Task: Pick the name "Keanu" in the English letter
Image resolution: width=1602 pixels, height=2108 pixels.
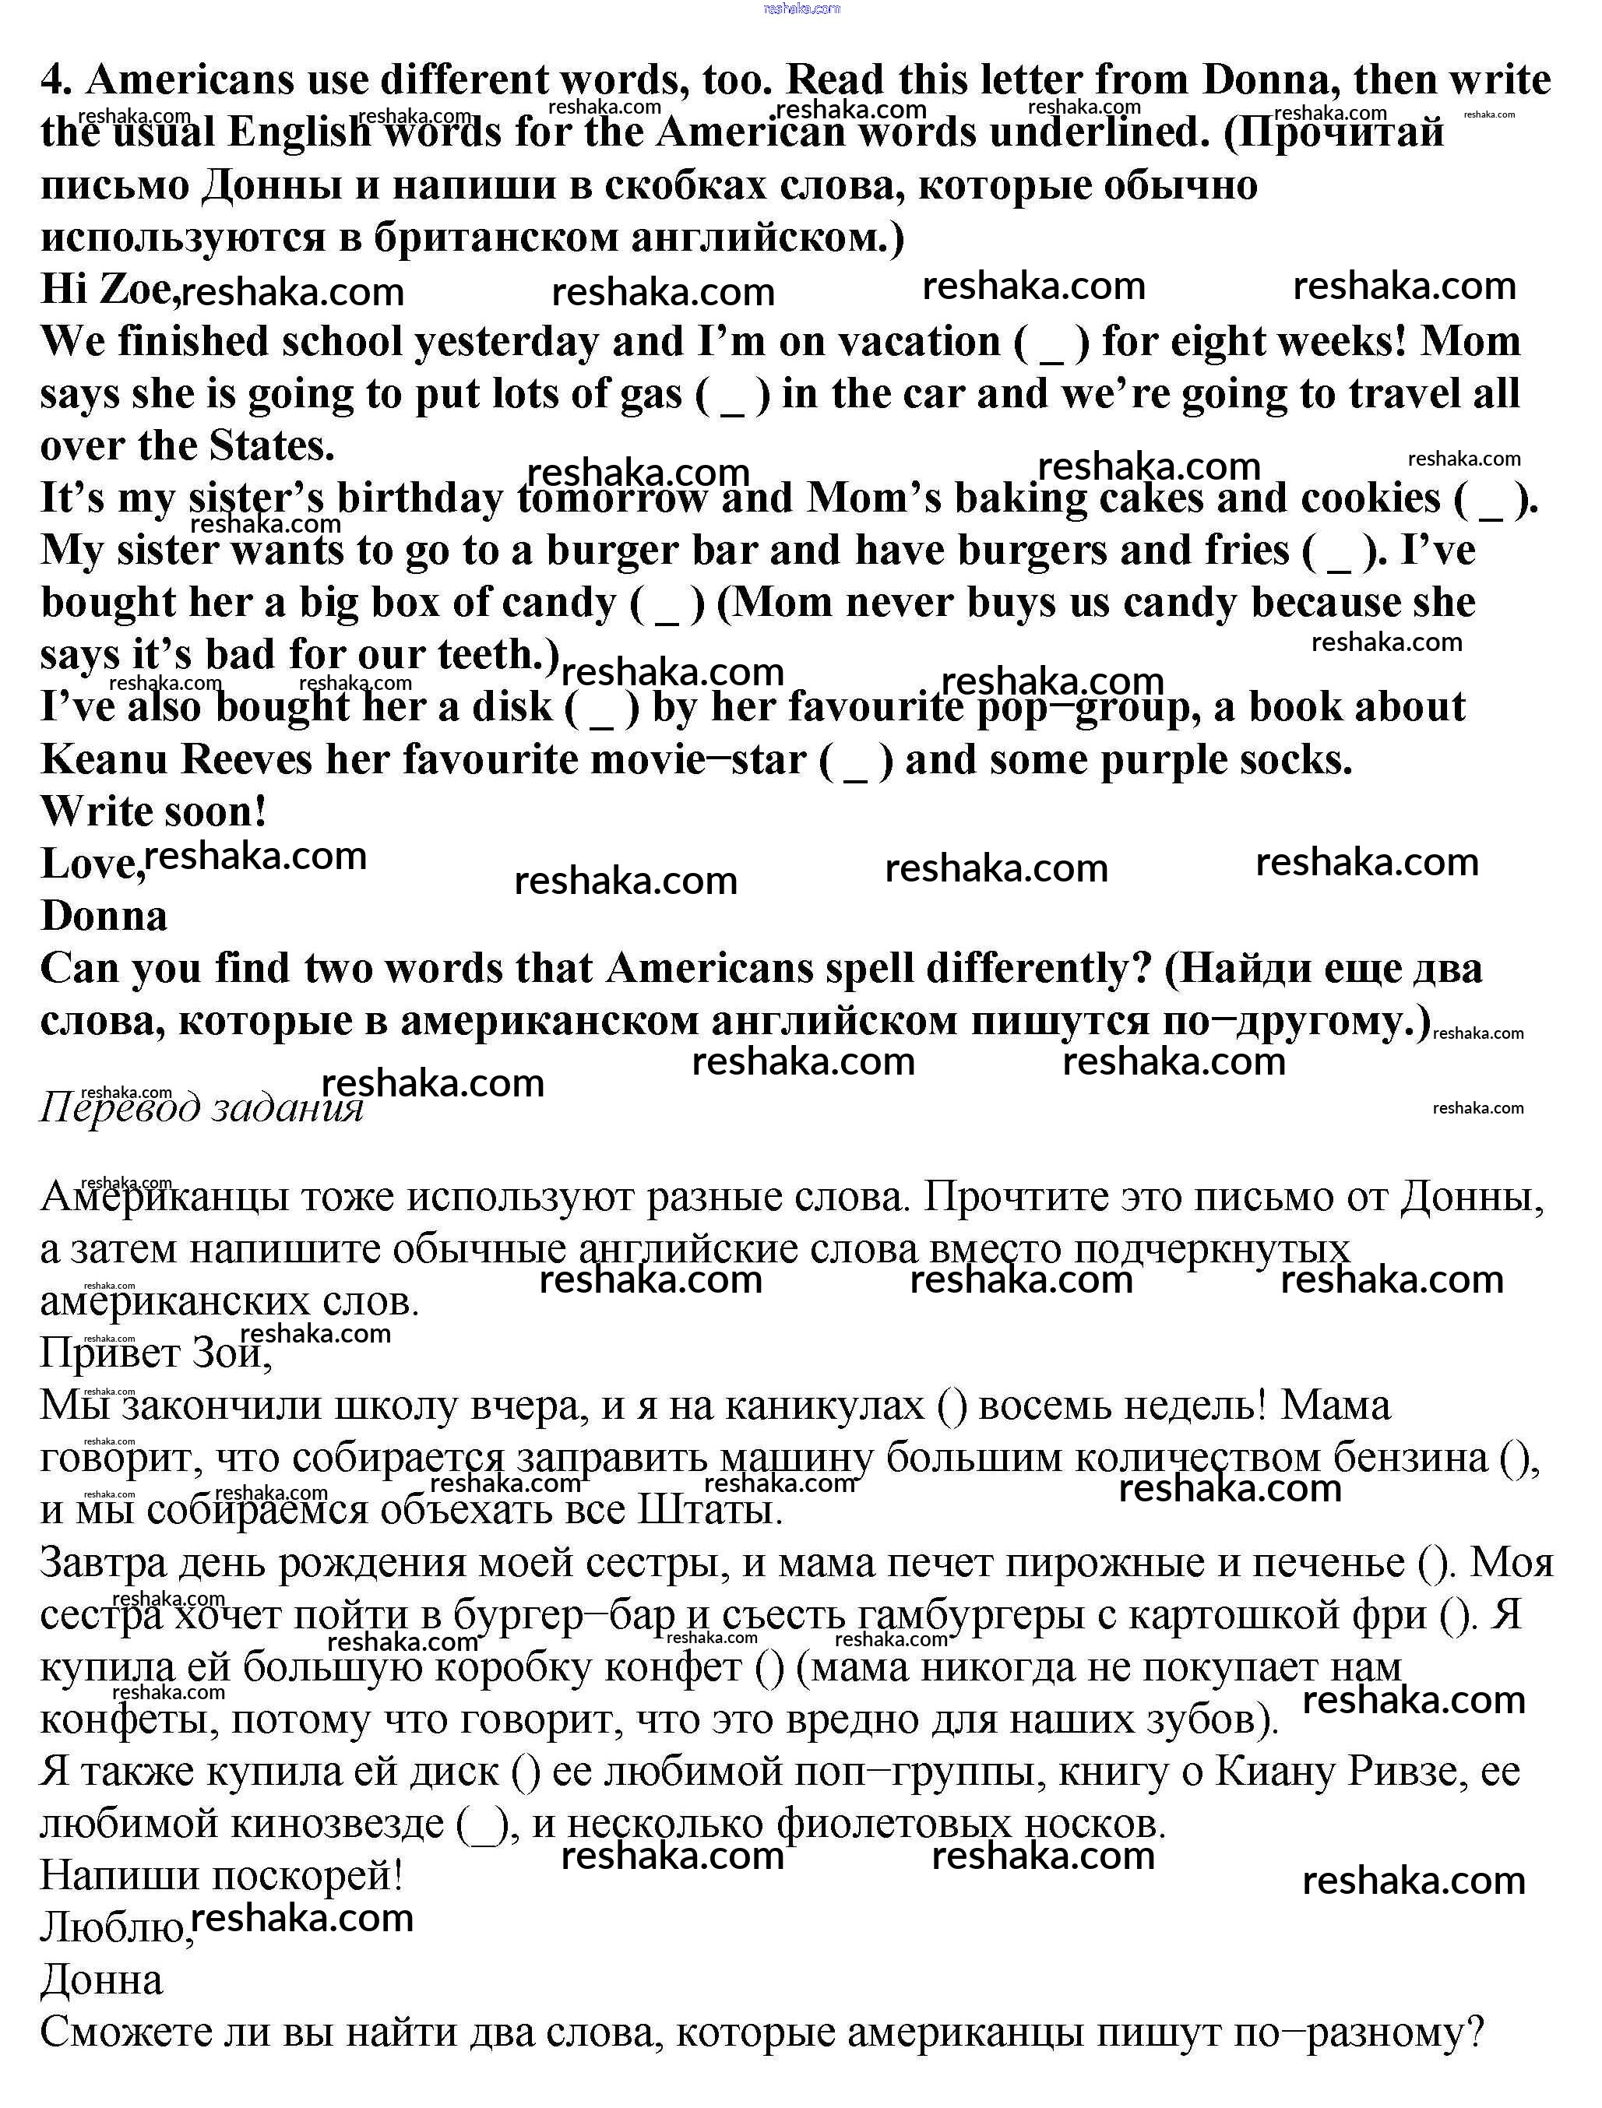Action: [104, 760]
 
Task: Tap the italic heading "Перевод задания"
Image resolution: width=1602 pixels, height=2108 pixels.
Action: [201, 1108]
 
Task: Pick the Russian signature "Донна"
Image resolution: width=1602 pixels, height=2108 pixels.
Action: [102, 1980]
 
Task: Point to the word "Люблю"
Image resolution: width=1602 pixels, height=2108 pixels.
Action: [114, 1928]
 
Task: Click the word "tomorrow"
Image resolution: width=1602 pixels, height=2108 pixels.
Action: [611, 498]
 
